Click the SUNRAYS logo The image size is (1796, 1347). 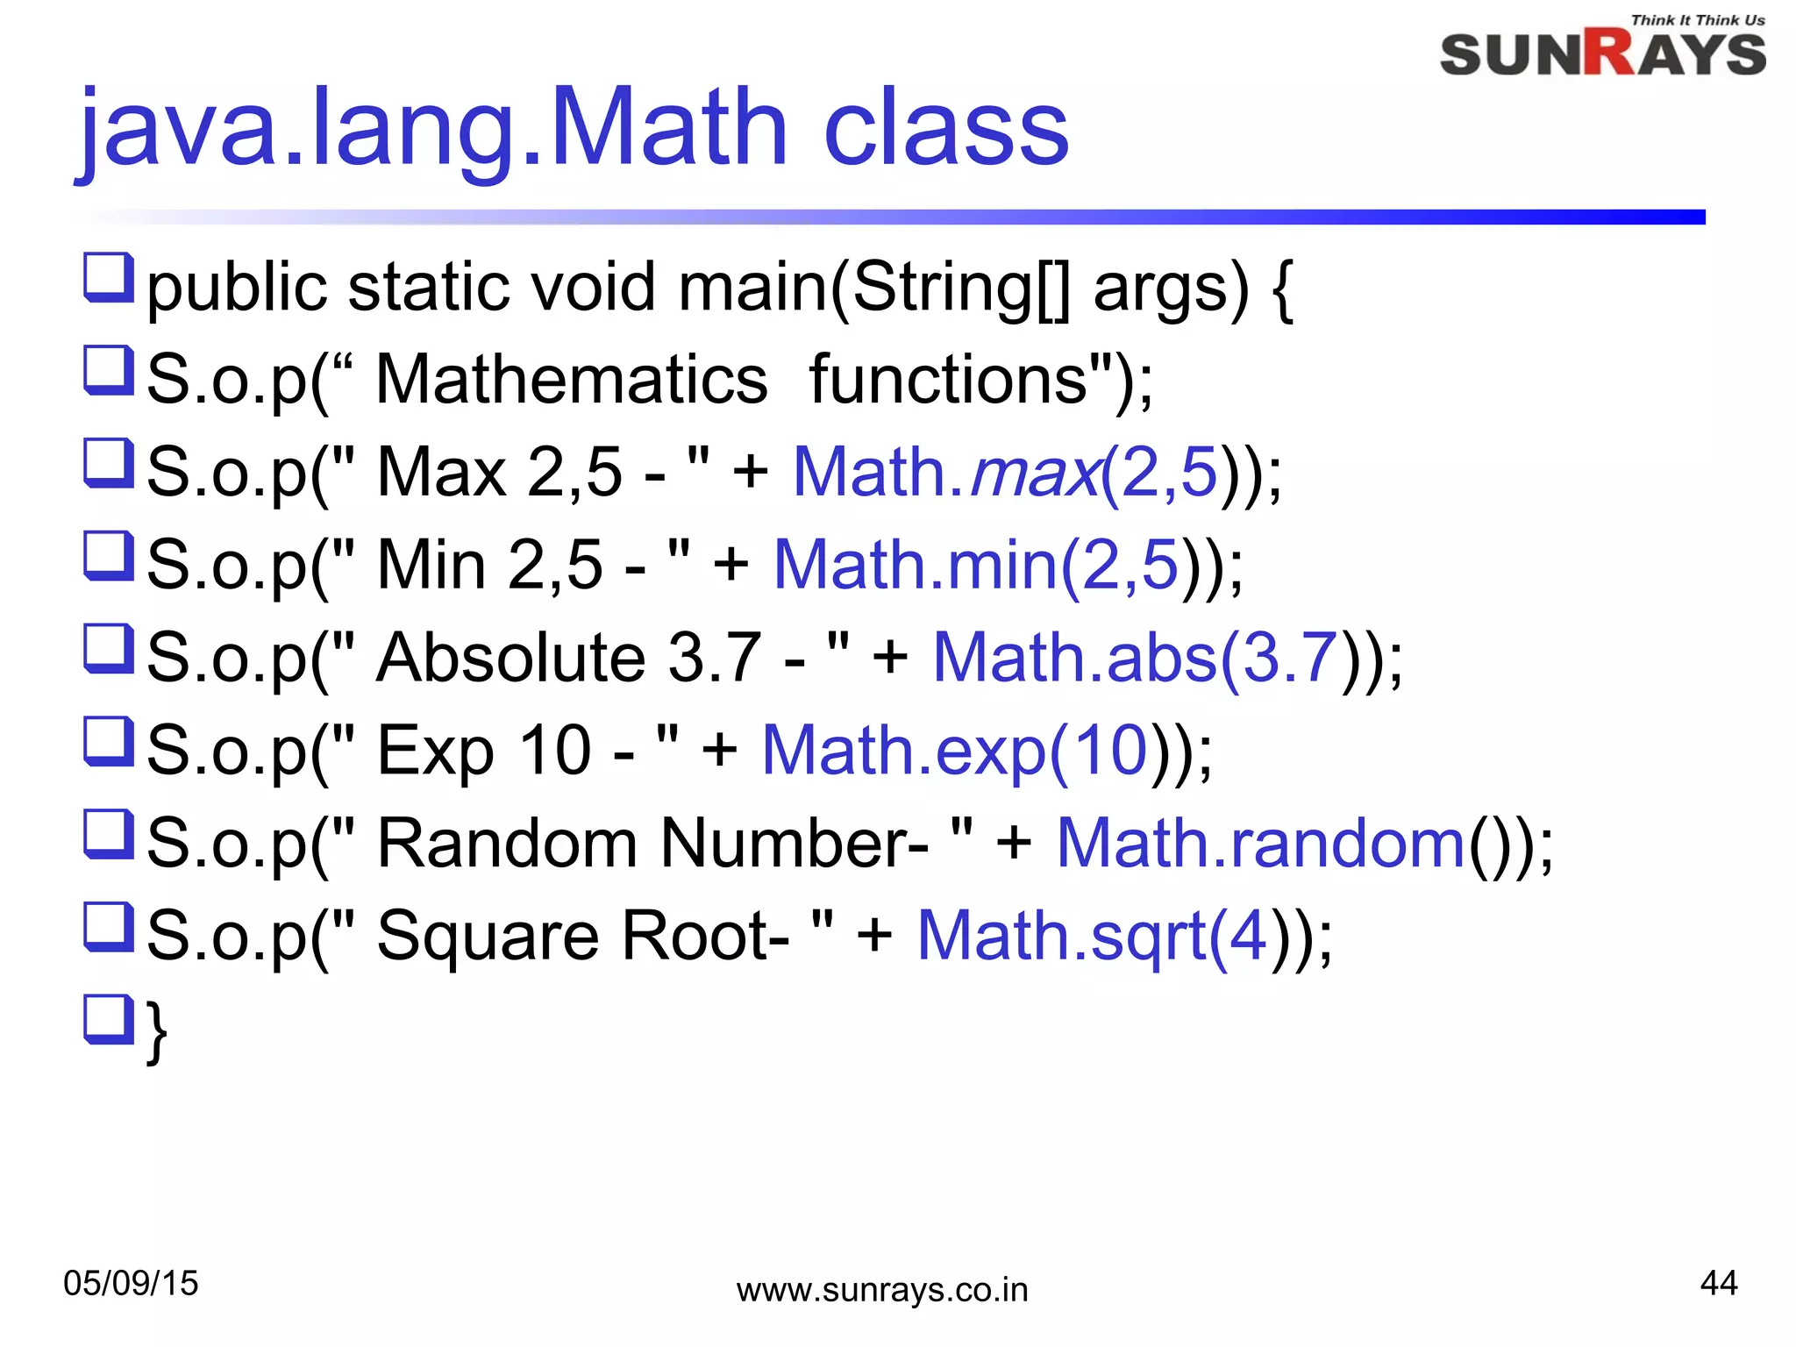coord(1602,54)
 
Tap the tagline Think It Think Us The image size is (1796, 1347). coord(1698,20)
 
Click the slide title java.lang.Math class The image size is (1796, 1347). coord(574,128)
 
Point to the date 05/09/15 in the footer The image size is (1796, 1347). coord(131,1283)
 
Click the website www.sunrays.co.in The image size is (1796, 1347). coord(881,1290)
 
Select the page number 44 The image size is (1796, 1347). coord(1718,1283)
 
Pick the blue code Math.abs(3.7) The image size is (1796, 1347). coord(1135,658)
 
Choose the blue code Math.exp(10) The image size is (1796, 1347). coord(955,751)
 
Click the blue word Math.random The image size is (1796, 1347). coord(1260,844)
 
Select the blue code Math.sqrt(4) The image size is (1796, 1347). coord(1092,936)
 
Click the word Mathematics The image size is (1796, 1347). coord(572,380)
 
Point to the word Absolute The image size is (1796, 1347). coord(511,658)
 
